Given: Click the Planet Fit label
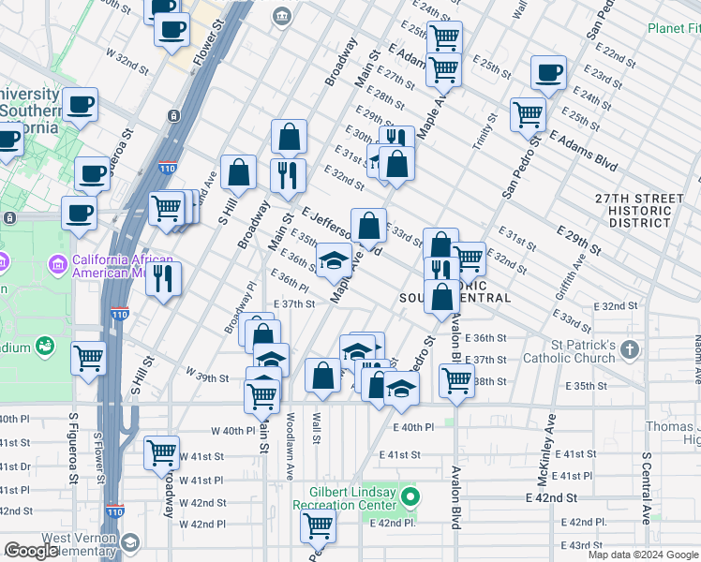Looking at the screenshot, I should click(673, 28).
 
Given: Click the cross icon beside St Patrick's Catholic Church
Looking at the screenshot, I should click(630, 350).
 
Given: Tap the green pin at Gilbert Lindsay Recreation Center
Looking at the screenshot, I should click(410, 495).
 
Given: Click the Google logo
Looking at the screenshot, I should click(32, 550).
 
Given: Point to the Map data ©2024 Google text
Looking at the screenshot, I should click(643, 555).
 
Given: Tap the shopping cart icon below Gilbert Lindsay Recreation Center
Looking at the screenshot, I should click(318, 526).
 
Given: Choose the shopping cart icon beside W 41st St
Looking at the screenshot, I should click(161, 452).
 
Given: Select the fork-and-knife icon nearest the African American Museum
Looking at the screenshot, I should click(165, 277).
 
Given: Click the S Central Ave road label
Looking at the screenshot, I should click(646, 488).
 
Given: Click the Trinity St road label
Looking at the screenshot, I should click(490, 131).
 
